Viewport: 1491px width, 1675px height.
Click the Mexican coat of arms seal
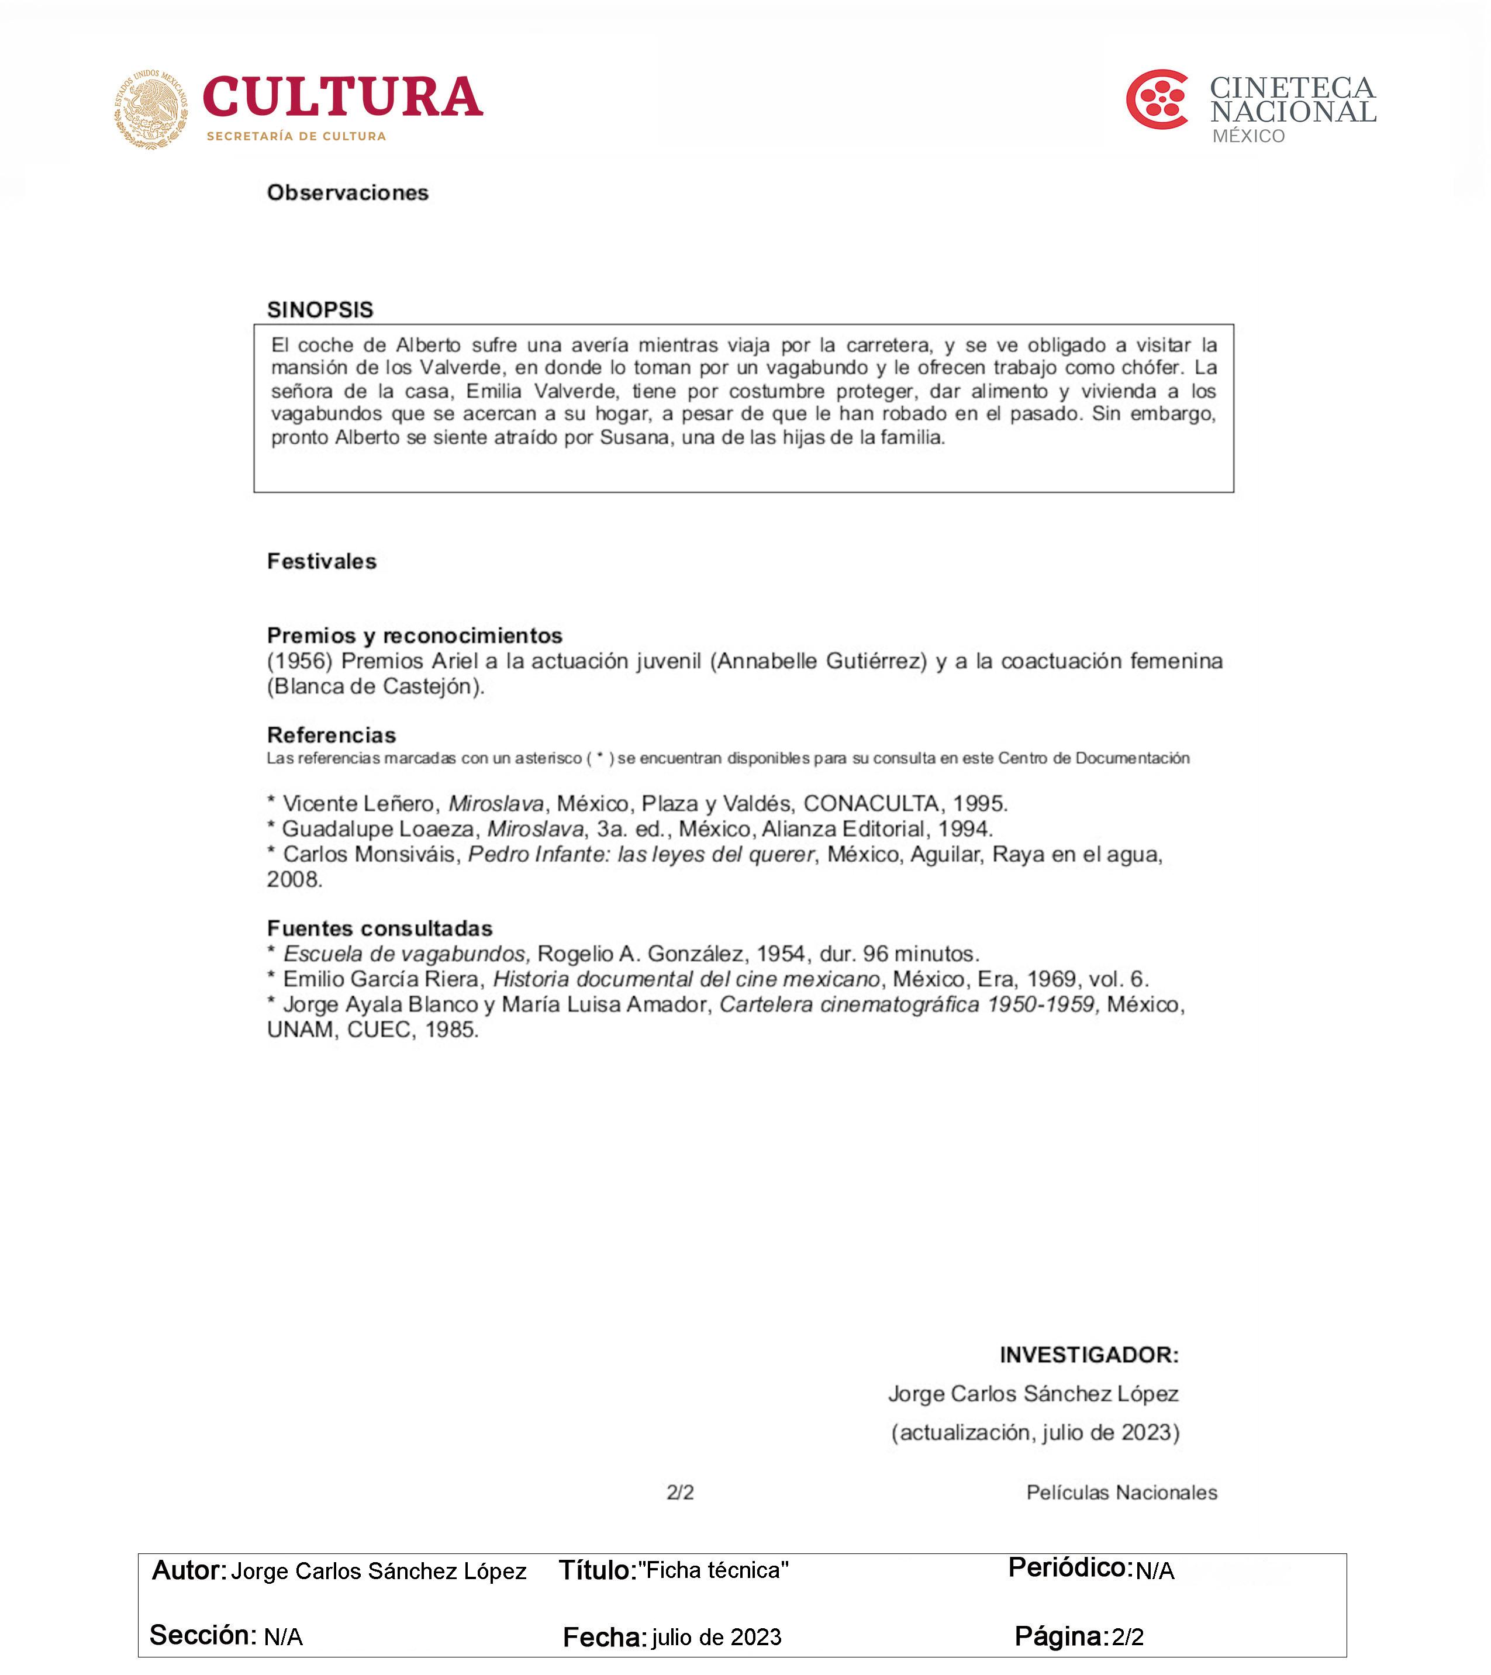pyautogui.click(x=151, y=109)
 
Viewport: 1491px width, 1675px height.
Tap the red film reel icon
pyautogui.click(x=1157, y=100)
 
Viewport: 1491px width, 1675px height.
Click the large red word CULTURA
pyautogui.click(x=342, y=98)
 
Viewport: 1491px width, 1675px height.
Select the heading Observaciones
pyautogui.click(x=347, y=192)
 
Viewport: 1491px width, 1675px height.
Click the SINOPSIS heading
pyautogui.click(x=320, y=310)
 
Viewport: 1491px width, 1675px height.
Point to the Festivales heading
pyautogui.click(x=322, y=561)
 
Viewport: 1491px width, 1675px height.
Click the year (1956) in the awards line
pyautogui.click(x=299, y=661)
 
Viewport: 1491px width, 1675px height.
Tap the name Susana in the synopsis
pyautogui.click(x=634, y=437)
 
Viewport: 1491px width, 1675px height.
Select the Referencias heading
pyautogui.click(x=331, y=735)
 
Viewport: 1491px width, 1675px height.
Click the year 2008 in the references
pyautogui.click(x=294, y=880)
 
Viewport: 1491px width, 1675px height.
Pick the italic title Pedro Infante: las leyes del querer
pyautogui.click(x=641, y=855)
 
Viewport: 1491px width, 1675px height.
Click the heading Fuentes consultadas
pyautogui.click(x=379, y=928)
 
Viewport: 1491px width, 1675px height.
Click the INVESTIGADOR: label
pyautogui.click(x=1089, y=1355)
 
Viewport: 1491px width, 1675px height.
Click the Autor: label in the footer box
pyautogui.click(x=188, y=1570)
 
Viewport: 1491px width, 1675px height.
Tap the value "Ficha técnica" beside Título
pyautogui.click(x=713, y=1570)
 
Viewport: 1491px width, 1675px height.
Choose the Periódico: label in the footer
pyautogui.click(x=1069, y=1567)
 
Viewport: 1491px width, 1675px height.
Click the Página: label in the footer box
pyautogui.click(x=1061, y=1636)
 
